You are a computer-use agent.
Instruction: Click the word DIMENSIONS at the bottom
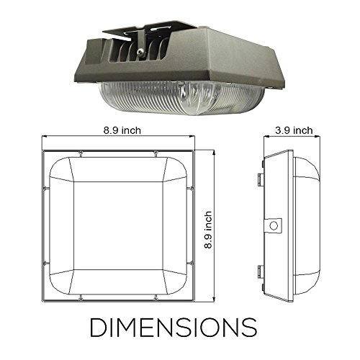tap(174, 327)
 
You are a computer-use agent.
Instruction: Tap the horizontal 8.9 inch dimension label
tap(122, 130)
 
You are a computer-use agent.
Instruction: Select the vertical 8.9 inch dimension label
tap(208, 230)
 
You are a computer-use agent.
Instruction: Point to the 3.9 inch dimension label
tap(294, 130)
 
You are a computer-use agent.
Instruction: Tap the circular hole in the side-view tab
tap(274, 225)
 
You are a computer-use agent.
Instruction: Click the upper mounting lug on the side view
tap(260, 179)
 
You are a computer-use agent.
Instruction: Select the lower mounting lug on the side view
tap(260, 271)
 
